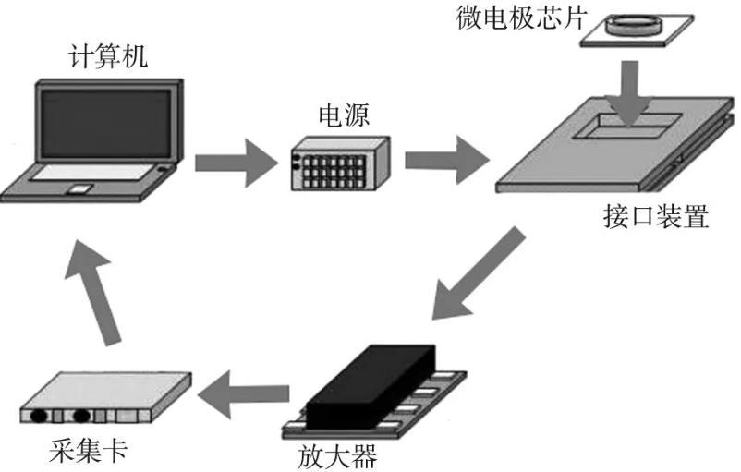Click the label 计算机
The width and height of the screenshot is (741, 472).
[108, 57]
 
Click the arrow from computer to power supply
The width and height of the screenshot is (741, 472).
[236, 163]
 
